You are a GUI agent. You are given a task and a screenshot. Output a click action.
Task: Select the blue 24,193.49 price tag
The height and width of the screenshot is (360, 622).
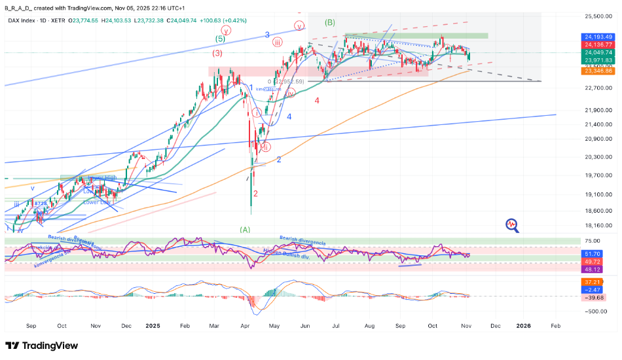click(598, 37)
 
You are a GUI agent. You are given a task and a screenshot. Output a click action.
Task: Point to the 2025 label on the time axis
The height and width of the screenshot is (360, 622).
click(153, 325)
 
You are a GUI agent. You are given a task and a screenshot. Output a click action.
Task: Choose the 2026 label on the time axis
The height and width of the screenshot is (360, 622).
click(524, 325)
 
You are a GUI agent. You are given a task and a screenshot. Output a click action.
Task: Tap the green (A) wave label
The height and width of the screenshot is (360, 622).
click(245, 230)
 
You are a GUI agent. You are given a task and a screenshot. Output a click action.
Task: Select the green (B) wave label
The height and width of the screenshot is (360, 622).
click(330, 22)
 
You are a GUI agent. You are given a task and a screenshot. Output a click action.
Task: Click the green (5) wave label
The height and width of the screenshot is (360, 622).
click(221, 39)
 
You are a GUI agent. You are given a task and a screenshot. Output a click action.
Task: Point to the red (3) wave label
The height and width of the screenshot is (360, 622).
click(217, 54)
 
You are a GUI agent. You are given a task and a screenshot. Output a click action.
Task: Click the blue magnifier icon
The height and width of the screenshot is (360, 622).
click(512, 225)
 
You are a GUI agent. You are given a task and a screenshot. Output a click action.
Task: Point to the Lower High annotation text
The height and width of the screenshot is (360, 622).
click(103, 177)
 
